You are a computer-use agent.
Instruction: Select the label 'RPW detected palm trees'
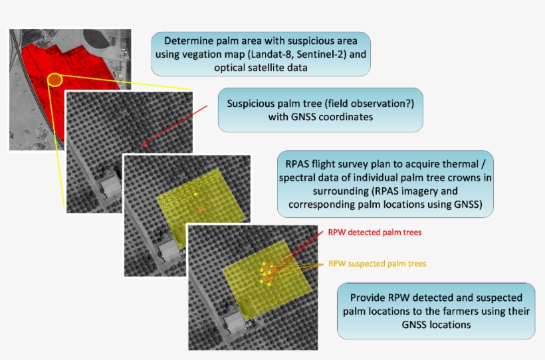(x=375, y=233)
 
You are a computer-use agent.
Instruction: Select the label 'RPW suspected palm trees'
(x=377, y=263)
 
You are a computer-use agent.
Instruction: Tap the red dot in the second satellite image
(x=144, y=143)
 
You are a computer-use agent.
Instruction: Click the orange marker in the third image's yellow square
(x=201, y=209)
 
